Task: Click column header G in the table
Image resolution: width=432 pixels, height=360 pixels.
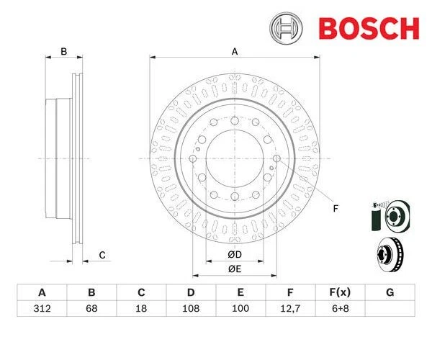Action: pyautogui.click(x=390, y=292)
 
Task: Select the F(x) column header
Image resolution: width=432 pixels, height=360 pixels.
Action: pyautogui.click(x=341, y=292)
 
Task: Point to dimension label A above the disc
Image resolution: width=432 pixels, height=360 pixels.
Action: pyautogui.click(x=234, y=51)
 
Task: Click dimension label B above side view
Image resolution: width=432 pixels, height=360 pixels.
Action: pyautogui.click(x=63, y=51)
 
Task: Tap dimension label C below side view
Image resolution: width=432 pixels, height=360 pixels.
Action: pyautogui.click(x=102, y=254)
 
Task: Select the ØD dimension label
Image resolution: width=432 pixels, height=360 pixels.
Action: pyautogui.click(x=234, y=255)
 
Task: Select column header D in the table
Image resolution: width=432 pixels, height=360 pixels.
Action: pyautogui.click(x=191, y=292)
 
